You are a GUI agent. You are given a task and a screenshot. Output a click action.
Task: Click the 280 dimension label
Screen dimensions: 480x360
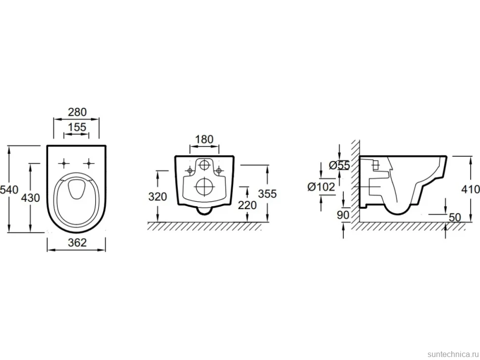click(x=77, y=112)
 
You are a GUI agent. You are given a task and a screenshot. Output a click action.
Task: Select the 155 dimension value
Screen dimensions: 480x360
click(x=77, y=127)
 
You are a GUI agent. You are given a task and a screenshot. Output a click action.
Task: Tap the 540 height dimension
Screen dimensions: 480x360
click(x=9, y=189)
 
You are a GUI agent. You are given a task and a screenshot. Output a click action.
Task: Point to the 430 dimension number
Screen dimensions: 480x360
click(x=30, y=198)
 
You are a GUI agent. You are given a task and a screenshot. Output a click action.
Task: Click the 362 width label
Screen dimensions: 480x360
click(x=77, y=242)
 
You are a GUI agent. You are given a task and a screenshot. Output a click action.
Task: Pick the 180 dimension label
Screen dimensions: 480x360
click(x=204, y=139)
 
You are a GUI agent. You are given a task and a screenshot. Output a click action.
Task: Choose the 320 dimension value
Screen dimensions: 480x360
click(x=158, y=197)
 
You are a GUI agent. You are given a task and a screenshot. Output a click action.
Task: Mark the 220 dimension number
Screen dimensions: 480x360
click(x=247, y=205)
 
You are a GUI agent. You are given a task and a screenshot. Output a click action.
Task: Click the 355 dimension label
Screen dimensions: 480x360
click(x=267, y=194)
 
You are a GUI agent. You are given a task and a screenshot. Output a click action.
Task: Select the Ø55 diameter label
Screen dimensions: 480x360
click(x=339, y=166)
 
